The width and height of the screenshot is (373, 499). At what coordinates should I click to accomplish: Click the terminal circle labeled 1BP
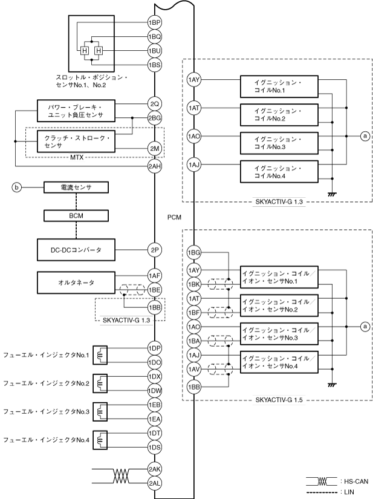(x=154, y=22)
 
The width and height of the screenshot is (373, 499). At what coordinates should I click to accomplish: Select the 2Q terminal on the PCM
(x=154, y=103)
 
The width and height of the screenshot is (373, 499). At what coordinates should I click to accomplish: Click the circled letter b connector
(x=19, y=188)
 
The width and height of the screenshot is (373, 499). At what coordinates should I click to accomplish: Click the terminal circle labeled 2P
(x=154, y=248)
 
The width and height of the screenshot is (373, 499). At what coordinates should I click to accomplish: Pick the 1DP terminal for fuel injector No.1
(x=154, y=348)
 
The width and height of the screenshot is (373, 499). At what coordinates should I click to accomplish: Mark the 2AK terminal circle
(x=154, y=469)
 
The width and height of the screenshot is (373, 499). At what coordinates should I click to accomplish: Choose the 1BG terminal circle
(x=194, y=252)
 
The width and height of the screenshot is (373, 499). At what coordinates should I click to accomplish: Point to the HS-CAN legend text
(x=353, y=481)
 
